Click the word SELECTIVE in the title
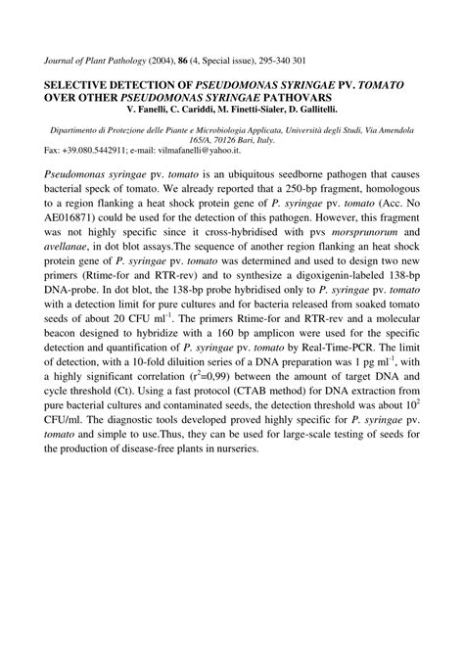pyautogui.click(x=81, y=85)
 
